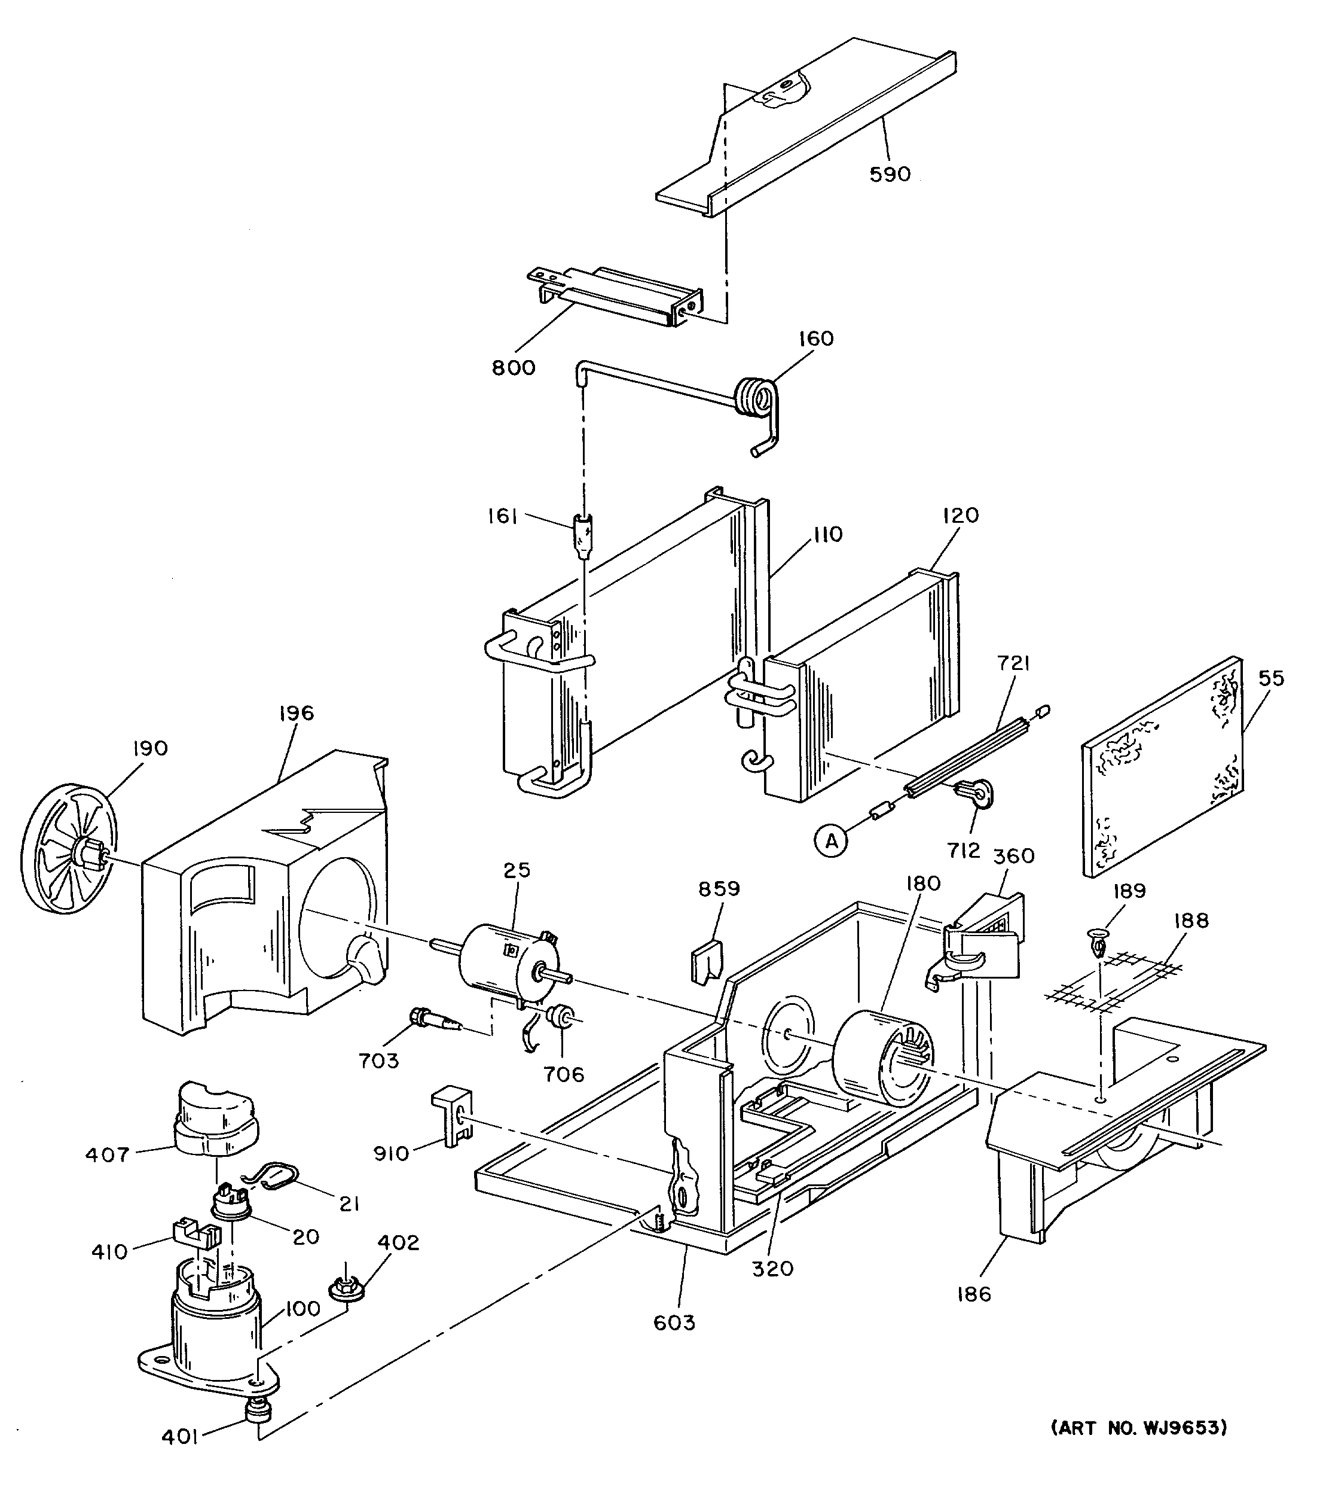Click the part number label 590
pyautogui.click(x=890, y=174)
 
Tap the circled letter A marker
pyautogui.click(x=831, y=841)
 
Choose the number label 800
pyautogui.click(x=514, y=367)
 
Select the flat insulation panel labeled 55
pyautogui.click(x=1162, y=766)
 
